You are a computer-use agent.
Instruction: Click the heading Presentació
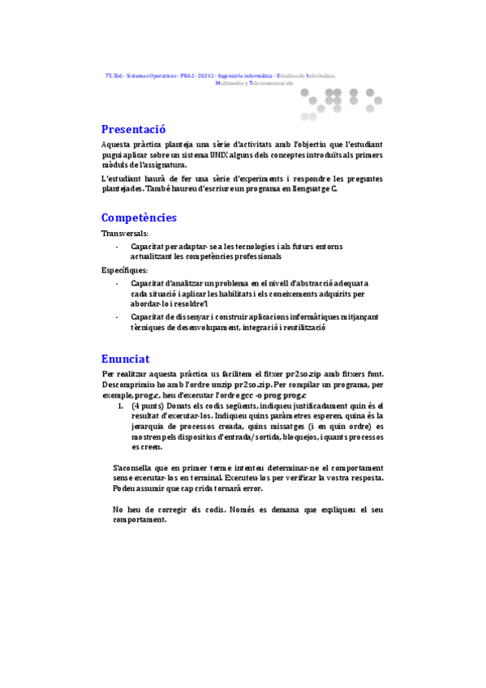coord(133,129)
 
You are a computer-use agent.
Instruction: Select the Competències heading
coord(139,217)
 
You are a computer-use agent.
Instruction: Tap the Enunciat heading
coord(125,359)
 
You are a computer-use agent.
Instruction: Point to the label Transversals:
coord(125,233)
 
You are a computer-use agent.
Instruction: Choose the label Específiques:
coord(125,269)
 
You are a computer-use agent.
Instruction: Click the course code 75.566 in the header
coord(114,75)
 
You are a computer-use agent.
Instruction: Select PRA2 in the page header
coord(188,75)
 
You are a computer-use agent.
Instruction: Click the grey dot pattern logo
coord(341,101)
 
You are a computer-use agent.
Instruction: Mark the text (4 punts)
coord(148,405)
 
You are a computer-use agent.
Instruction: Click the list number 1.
coord(120,405)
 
